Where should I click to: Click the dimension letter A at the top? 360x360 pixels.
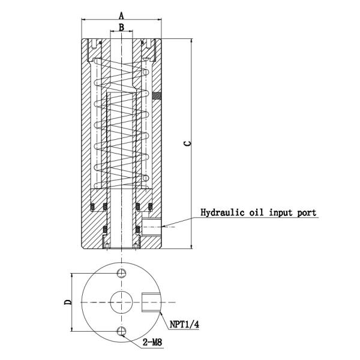121,14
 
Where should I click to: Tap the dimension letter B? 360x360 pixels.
121,27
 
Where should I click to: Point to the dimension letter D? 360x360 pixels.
68,301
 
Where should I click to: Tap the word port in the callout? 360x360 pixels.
305,212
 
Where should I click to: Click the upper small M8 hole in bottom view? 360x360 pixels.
121,274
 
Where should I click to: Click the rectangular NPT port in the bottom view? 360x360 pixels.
151,302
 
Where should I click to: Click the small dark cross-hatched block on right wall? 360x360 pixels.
157,95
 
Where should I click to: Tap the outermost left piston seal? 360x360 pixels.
93,208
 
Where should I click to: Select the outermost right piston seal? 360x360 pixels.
149,208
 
